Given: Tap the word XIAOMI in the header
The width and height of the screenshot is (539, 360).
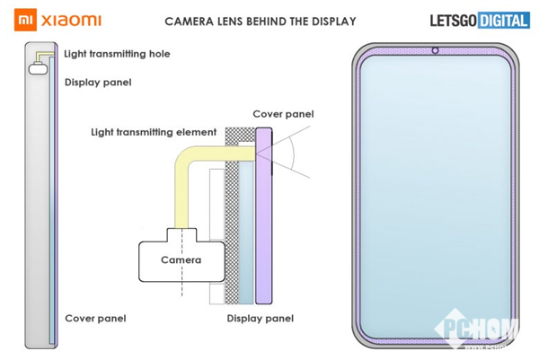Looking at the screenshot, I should tap(68, 20).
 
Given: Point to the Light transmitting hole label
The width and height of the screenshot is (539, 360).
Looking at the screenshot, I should tap(117, 55).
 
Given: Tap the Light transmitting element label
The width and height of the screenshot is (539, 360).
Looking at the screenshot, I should tap(154, 132).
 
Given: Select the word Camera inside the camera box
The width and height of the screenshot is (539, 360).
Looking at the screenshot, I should tap(181, 260).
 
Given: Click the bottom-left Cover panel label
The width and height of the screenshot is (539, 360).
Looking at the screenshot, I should tap(95, 318).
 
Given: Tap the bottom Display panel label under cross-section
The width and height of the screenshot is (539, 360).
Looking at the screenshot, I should tap(261, 318).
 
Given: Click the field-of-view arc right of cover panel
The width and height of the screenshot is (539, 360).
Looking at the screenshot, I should tap(293, 160).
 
